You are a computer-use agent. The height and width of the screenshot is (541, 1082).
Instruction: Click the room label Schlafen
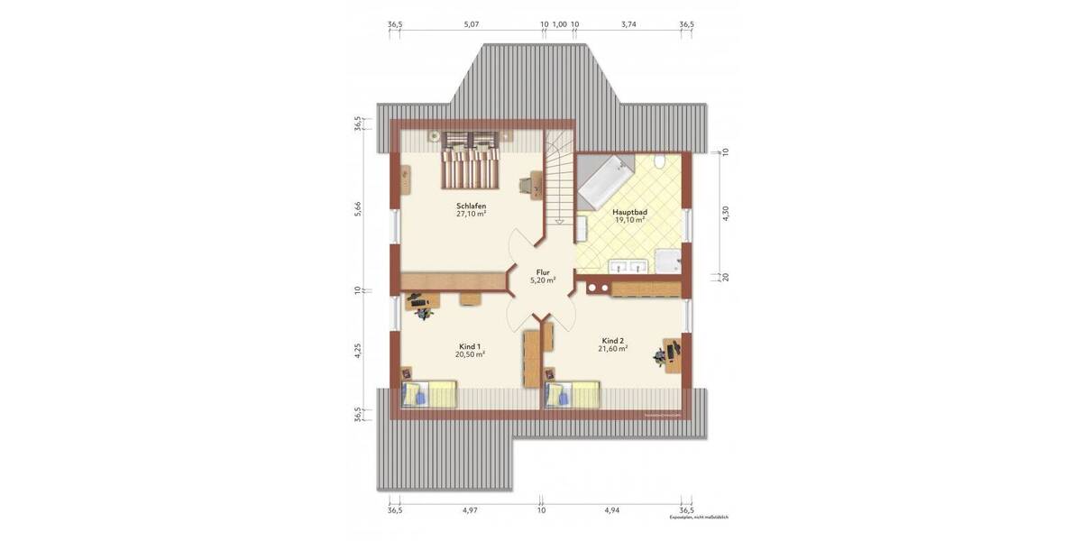471,206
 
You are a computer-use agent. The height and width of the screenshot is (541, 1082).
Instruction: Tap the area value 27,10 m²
471,215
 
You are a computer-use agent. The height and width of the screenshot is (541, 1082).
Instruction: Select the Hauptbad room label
630,211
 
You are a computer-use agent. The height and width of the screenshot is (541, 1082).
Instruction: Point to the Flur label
543,271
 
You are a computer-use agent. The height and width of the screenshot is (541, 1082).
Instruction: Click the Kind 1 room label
470,346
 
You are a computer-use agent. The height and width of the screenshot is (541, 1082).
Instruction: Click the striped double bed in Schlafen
470,163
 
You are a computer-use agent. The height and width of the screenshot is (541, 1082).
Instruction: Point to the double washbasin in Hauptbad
628,266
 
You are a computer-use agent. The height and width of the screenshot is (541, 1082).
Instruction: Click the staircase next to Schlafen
559,180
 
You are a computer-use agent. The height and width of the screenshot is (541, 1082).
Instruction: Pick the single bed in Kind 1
430,394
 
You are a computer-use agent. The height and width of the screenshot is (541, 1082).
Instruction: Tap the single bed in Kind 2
573,394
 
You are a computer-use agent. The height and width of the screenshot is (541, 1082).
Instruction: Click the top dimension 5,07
472,24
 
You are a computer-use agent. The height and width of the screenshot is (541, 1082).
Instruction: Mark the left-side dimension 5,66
358,206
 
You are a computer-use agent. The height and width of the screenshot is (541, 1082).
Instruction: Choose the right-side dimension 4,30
725,214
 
